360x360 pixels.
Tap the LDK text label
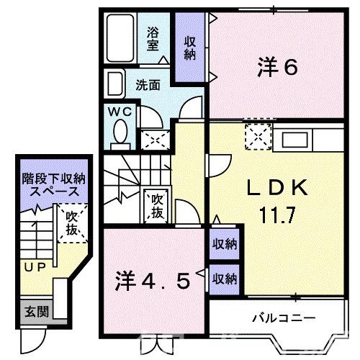tap(277, 189)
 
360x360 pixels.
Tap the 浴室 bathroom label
tap(153, 37)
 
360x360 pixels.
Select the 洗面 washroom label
tap(148, 84)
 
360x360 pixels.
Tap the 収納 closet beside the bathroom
tap(190, 47)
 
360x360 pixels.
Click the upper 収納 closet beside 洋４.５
tap(224, 244)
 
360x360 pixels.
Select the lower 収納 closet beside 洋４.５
tap(224, 278)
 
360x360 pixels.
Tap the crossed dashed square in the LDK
tap(256, 135)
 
